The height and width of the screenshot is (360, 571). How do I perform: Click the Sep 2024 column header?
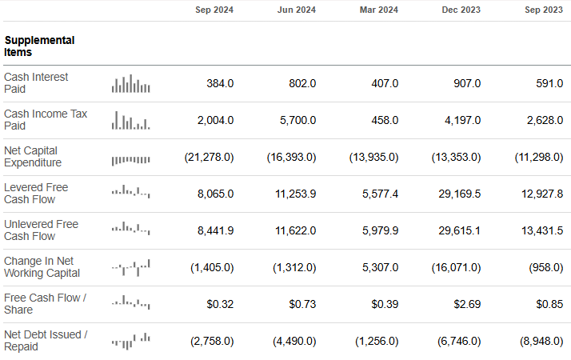tap(214, 10)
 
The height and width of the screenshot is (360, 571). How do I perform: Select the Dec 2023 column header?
tap(461, 10)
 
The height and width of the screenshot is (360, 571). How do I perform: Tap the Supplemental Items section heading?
tap(39, 46)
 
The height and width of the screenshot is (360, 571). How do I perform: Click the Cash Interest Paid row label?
tap(36, 83)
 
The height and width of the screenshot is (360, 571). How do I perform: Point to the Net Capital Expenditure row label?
tap(33, 157)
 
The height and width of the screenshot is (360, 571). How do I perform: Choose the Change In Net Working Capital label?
tap(42, 267)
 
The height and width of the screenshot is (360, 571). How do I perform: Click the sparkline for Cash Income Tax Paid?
tap(131, 120)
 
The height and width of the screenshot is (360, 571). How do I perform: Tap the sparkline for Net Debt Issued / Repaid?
tap(131, 341)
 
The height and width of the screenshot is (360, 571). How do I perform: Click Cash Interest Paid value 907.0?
tap(466, 83)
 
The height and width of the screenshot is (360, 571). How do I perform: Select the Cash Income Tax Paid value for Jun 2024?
tap(297, 120)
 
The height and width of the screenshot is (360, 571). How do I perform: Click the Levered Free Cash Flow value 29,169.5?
tap(455, 194)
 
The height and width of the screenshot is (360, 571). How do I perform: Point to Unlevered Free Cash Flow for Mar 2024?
tap(375, 230)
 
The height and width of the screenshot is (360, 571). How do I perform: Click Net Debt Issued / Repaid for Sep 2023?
tap(541, 341)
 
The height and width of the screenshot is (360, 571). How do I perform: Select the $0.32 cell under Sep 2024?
tap(220, 304)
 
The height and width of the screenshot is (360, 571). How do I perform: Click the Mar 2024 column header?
tap(379, 10)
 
